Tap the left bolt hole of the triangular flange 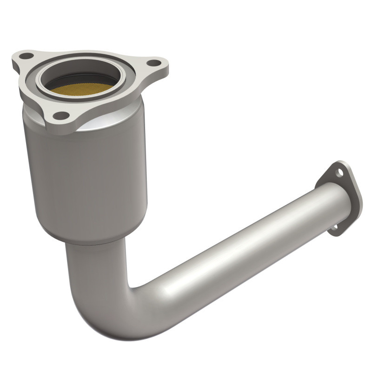[27, 56]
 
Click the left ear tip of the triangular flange [16, 58]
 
